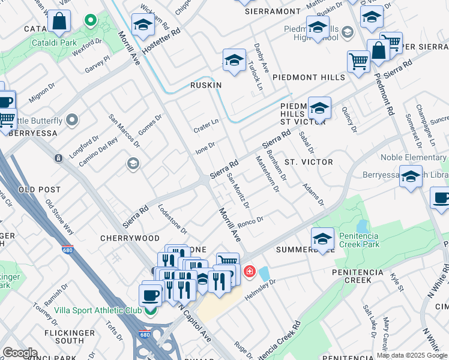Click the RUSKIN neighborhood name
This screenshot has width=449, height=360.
point(206,85)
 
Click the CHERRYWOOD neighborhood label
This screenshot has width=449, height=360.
point(131,238)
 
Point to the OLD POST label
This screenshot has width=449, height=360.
point(40,190)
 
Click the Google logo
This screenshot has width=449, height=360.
point(20,353)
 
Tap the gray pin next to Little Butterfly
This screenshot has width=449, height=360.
point(73,121)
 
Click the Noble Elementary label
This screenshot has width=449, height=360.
point(413,158)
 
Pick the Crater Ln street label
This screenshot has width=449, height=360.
point(206,125)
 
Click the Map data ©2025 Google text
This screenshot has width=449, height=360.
point(412,355)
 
